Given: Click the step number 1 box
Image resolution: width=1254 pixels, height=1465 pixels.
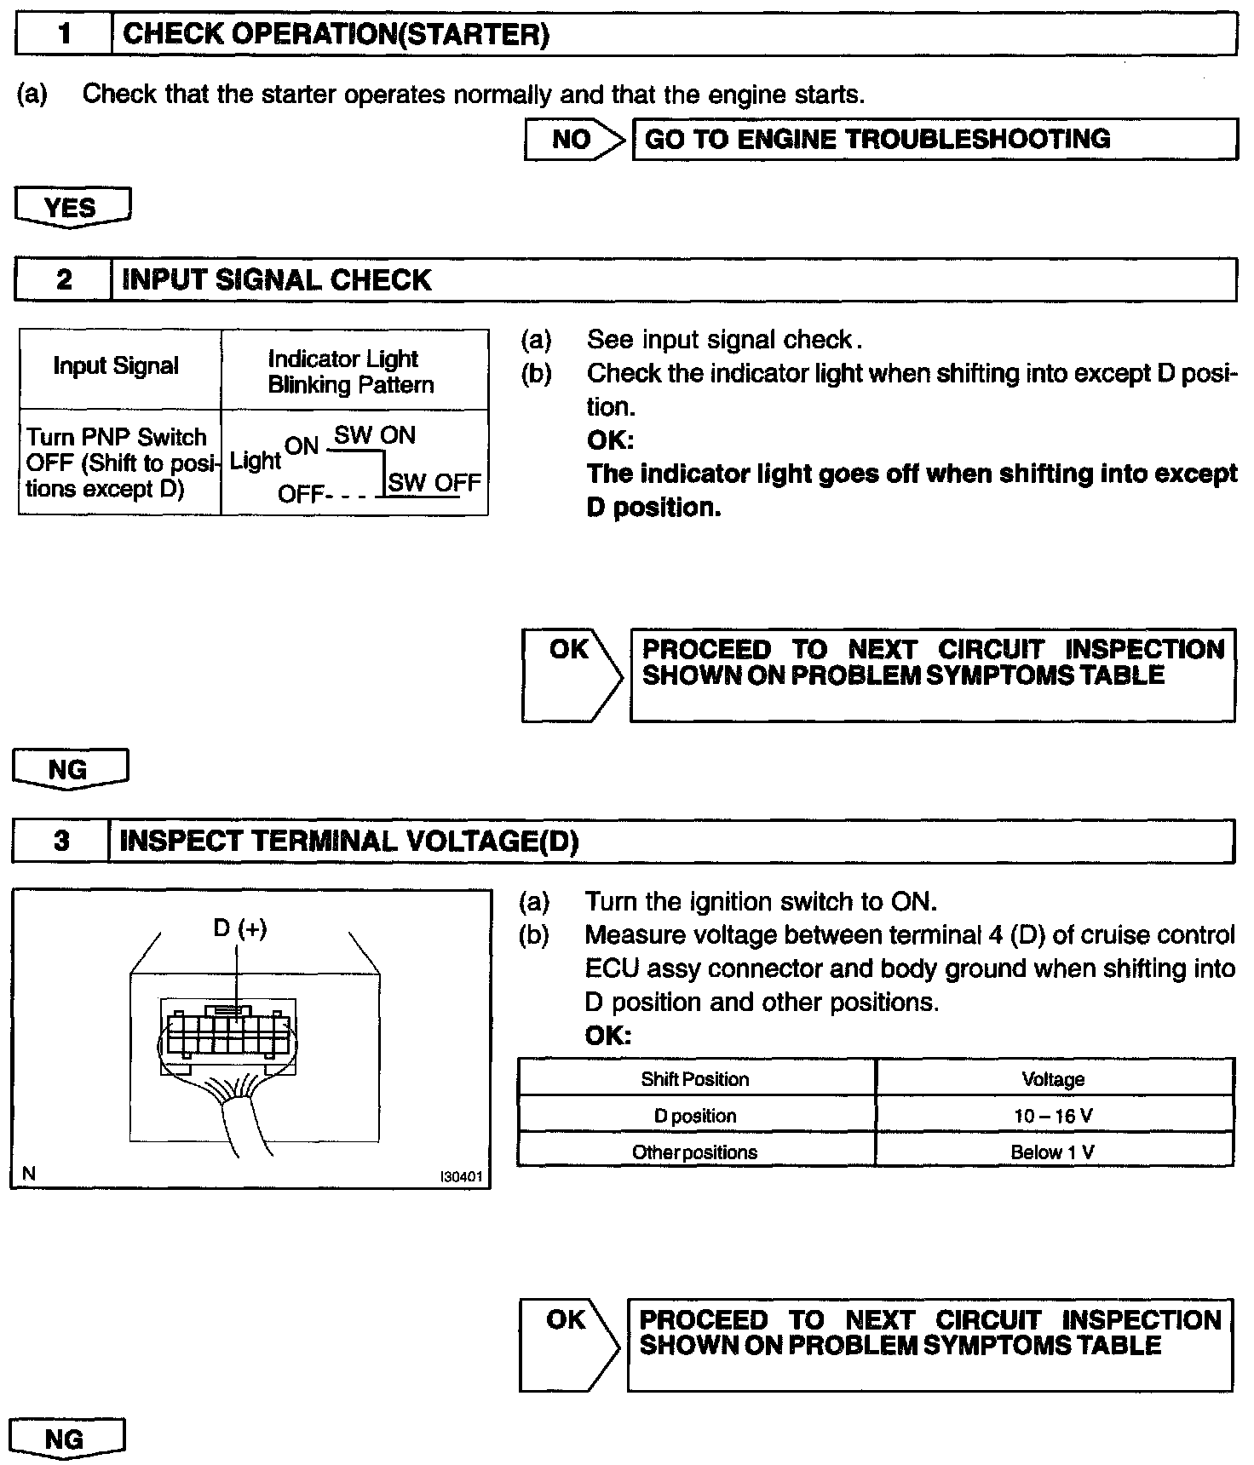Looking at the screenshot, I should [64, 35].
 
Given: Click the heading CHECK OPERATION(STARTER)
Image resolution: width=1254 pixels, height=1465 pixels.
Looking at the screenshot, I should [336, 35].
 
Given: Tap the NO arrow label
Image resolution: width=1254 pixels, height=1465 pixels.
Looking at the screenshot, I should [571, 140].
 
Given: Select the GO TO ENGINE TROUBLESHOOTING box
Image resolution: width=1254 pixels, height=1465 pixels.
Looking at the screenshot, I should [934, 140].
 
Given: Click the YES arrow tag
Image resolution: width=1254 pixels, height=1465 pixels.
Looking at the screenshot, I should [72, 208].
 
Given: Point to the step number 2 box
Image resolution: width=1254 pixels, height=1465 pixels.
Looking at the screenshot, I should [64, 280].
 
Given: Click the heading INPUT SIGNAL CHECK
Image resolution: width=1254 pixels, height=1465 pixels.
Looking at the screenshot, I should [277, 280].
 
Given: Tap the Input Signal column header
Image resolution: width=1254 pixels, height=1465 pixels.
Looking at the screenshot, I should [116, 366].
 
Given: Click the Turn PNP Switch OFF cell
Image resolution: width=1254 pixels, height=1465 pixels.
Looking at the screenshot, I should [118, 462].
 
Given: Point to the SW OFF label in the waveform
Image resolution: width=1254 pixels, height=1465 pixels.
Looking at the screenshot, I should [434, 483].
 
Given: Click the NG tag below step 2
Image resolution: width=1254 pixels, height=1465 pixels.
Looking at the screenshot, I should [68, 770].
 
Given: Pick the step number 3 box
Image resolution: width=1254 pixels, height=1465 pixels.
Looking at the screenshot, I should [61, 842].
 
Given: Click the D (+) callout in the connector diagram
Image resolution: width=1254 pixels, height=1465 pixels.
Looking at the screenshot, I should [239, 928].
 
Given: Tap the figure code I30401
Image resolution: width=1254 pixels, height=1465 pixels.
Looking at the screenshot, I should [461, 1177].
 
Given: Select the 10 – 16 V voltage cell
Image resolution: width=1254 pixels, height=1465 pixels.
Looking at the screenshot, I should [1053, 1116].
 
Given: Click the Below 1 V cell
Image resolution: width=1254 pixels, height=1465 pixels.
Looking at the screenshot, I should [1053, 1152].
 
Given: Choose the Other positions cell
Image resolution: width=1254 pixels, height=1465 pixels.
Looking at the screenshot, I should [695, 1152].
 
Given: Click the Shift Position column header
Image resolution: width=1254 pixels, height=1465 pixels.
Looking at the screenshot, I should [695, 1079].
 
